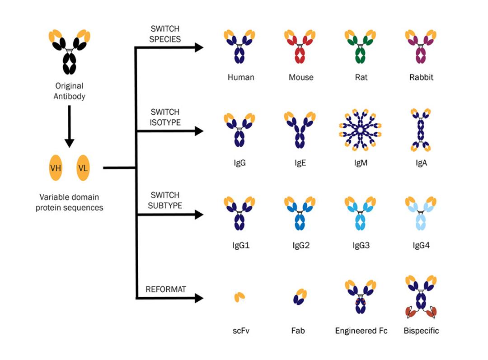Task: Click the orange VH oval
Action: (56, 168)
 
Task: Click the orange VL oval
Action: (83, 168)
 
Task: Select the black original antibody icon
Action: (69, 52)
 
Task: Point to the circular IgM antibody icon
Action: (360, 130)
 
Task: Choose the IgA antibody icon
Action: (421, 130)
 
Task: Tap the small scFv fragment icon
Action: (239, 297)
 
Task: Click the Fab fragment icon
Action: (300, 297)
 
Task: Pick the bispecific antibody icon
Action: (421, 296)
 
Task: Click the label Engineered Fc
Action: (361, 331)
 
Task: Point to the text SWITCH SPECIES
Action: (164, 34)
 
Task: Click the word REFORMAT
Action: (165, 289)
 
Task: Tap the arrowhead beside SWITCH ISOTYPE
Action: (199, 131)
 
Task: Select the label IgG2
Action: (300, 246)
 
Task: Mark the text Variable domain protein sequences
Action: (69, 203)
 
